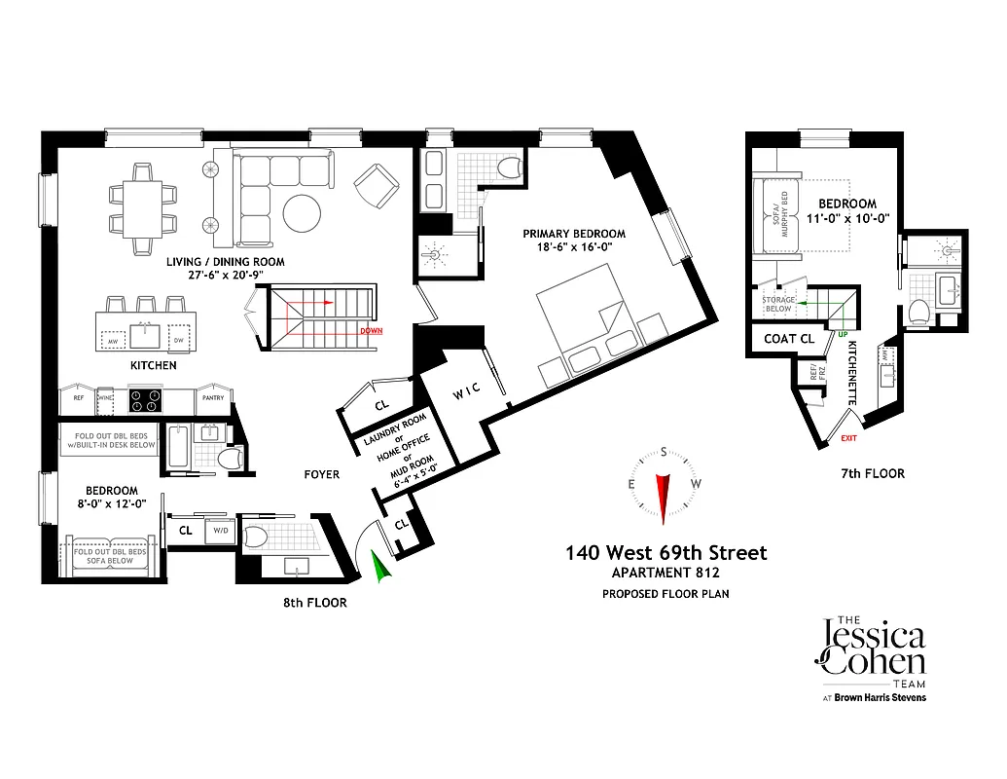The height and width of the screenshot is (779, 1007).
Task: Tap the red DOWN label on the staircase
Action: pos(371,331)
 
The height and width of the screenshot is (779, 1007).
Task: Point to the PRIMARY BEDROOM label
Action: pos(574,234)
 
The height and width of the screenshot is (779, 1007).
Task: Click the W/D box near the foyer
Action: pos(222,532)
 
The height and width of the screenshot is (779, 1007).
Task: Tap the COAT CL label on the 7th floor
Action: pos(789,339)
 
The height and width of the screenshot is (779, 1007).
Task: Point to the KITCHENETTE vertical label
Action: pos(852,374)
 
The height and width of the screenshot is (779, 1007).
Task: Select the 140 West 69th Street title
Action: pos(666,553)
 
